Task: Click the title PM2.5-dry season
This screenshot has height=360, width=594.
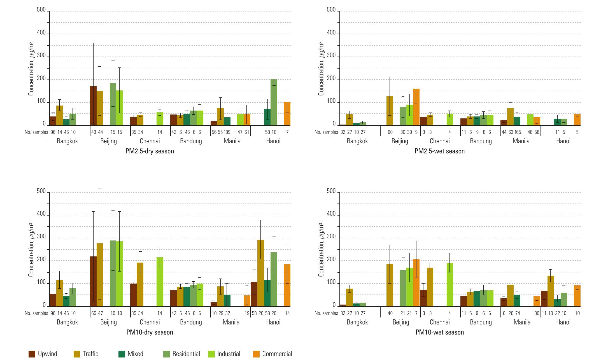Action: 150,151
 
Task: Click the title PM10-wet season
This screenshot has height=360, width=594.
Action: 440,333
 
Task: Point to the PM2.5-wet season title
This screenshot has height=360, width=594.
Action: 440,151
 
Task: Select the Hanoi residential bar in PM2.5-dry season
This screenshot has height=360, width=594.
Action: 274,102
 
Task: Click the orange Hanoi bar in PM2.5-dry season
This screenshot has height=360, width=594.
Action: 287,113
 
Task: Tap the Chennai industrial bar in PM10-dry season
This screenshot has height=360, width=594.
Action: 160,282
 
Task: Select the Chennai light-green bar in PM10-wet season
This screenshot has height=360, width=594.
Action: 450,284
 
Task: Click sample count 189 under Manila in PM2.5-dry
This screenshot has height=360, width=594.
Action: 227,132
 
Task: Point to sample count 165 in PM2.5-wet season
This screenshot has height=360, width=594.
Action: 517,132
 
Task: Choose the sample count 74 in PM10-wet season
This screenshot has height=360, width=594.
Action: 517,313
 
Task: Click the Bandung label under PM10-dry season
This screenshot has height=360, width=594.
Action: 191,322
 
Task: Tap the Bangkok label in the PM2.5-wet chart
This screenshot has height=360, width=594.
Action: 357,141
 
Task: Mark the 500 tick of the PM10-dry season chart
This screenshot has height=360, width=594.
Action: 41,191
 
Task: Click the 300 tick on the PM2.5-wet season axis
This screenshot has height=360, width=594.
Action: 331,56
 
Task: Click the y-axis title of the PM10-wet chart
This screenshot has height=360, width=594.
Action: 321,250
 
